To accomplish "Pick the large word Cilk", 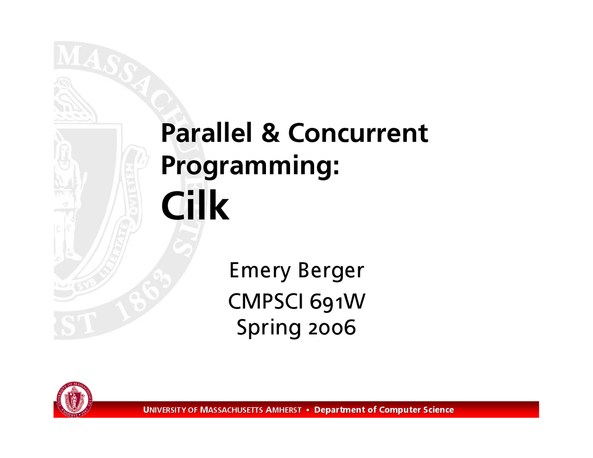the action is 195,206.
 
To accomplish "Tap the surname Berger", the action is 331,271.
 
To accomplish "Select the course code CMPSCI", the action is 266,301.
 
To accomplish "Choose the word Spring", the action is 269,328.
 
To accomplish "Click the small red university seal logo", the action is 74,399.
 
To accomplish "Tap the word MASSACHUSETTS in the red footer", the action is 232,410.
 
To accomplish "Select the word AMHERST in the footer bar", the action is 284,410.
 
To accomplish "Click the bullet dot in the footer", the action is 308,410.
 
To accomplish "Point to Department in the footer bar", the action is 340,410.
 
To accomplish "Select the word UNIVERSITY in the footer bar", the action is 164,410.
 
